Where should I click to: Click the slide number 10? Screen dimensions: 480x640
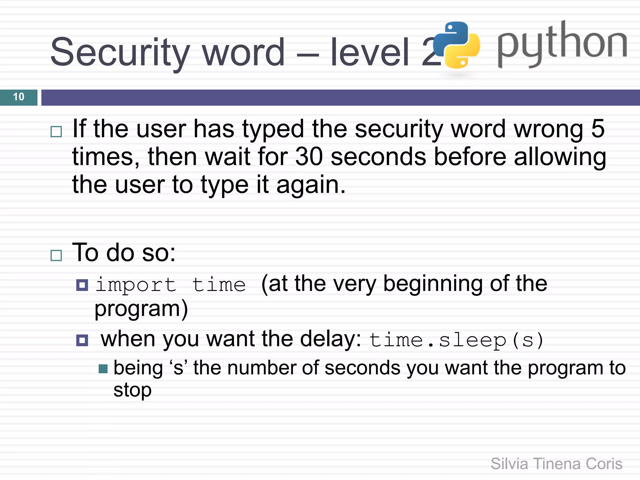[19, 97]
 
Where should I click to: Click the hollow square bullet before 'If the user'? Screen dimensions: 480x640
[56, 132]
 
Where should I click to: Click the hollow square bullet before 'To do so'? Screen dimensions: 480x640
[56, 256]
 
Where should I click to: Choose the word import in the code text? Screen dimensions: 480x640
[136, 285]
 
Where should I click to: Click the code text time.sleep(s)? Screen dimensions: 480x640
[456, 340]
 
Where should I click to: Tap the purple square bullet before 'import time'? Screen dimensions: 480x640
[82, 285]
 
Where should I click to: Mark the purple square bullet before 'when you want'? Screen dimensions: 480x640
[82, 340]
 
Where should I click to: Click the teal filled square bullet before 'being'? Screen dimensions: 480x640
[103, 369]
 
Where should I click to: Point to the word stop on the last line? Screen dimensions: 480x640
[132, 390]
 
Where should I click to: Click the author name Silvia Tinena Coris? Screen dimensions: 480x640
[556, 464]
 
